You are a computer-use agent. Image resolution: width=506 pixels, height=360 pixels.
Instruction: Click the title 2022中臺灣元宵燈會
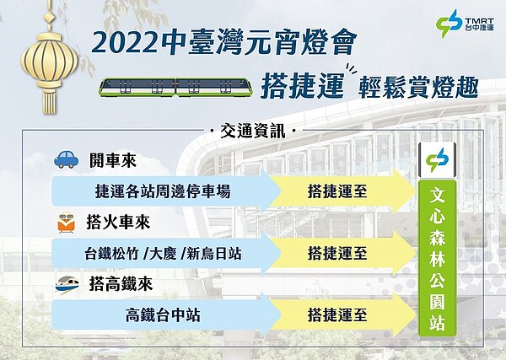tap(229, 41)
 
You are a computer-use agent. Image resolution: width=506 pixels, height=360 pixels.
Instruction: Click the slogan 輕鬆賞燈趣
tap(418, 86)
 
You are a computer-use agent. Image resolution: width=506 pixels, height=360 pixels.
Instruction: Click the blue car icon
tap(64, 159)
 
